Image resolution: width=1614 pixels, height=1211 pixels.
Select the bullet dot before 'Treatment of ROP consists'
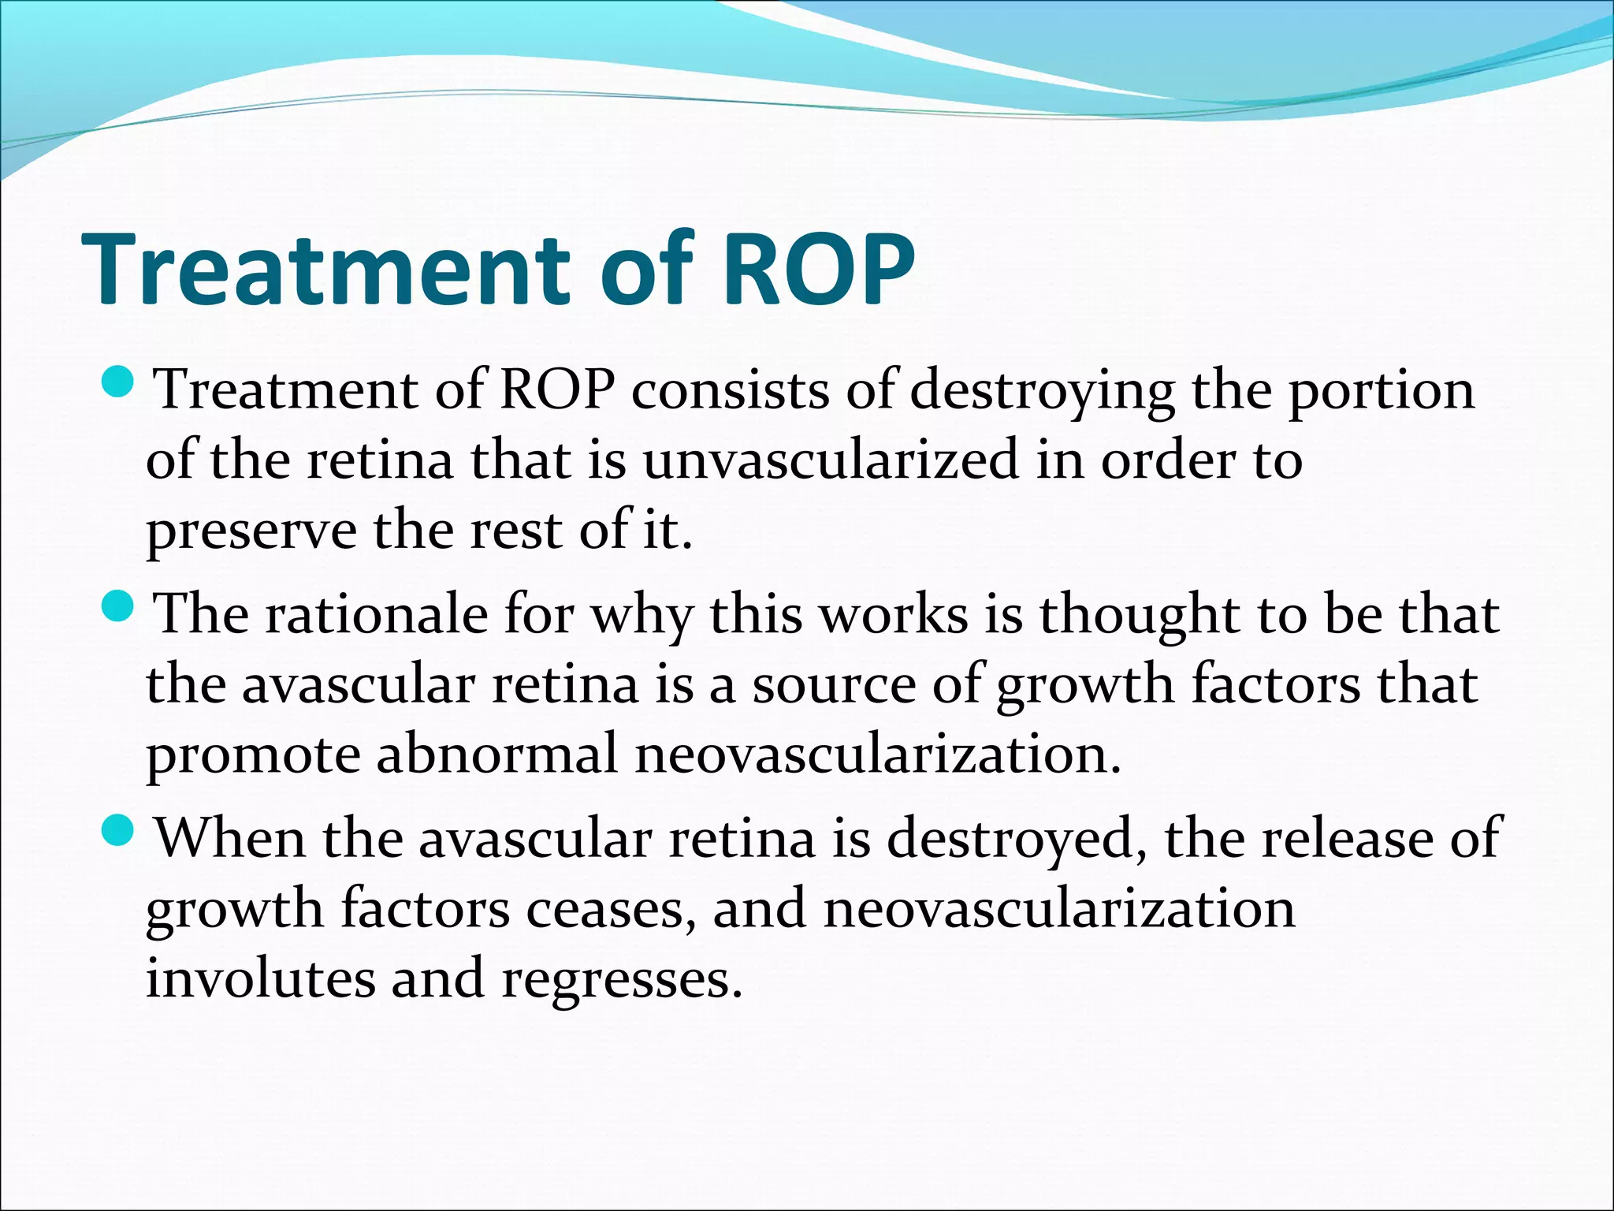click(x=121, y=382)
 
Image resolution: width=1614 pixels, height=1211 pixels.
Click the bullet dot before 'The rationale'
click(x=121, y=607)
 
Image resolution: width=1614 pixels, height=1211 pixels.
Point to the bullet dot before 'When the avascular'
click(x=121, y=831)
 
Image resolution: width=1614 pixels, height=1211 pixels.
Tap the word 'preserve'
click(x=251, y=531)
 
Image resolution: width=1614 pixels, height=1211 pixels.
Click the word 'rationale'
click(x=377, y=615)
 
